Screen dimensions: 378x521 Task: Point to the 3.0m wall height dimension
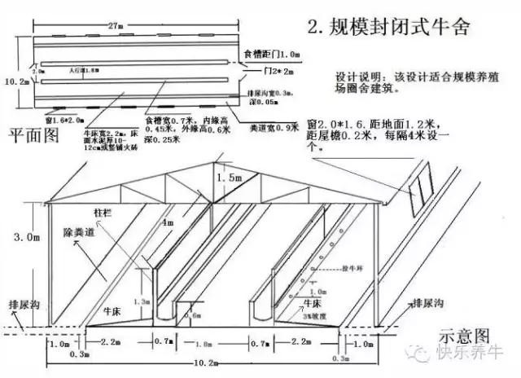pyautogui.click(x=26, y=239)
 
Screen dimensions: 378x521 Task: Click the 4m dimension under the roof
pyautogui.click(x=168, y=221)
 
